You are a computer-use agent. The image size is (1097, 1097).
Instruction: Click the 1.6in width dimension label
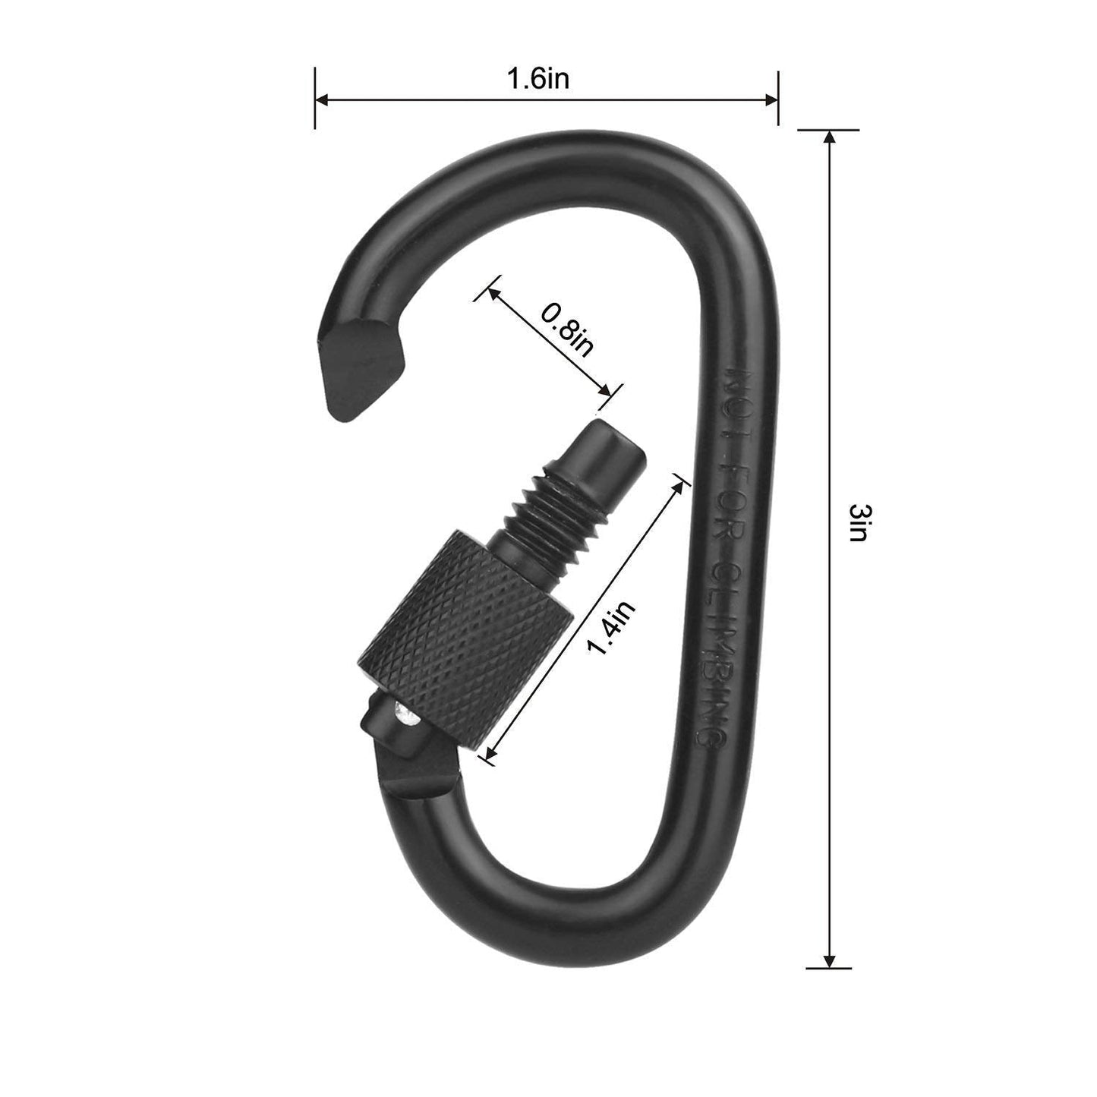click(x=537, y=79)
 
